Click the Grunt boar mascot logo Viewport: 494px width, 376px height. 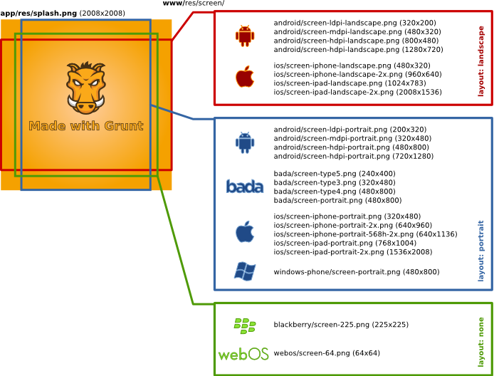point(86,88)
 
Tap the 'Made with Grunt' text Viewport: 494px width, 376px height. point(86,126)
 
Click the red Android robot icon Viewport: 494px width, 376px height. point(245,36)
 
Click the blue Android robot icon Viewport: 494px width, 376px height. point(245,143)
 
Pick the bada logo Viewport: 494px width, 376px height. point(245,187)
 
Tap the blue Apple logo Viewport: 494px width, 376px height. point(245,231)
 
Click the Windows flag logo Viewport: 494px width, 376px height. point(245,271)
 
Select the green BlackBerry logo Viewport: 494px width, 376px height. point(245,325)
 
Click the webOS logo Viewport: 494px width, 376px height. point(243,353)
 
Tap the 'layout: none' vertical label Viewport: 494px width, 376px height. point(481,338)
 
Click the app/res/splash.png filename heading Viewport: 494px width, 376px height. point(40,14)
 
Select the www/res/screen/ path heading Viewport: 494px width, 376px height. point(194,4)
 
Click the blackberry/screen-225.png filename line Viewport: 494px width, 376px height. point(341,325)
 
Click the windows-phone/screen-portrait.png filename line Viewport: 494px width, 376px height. point(356,271)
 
